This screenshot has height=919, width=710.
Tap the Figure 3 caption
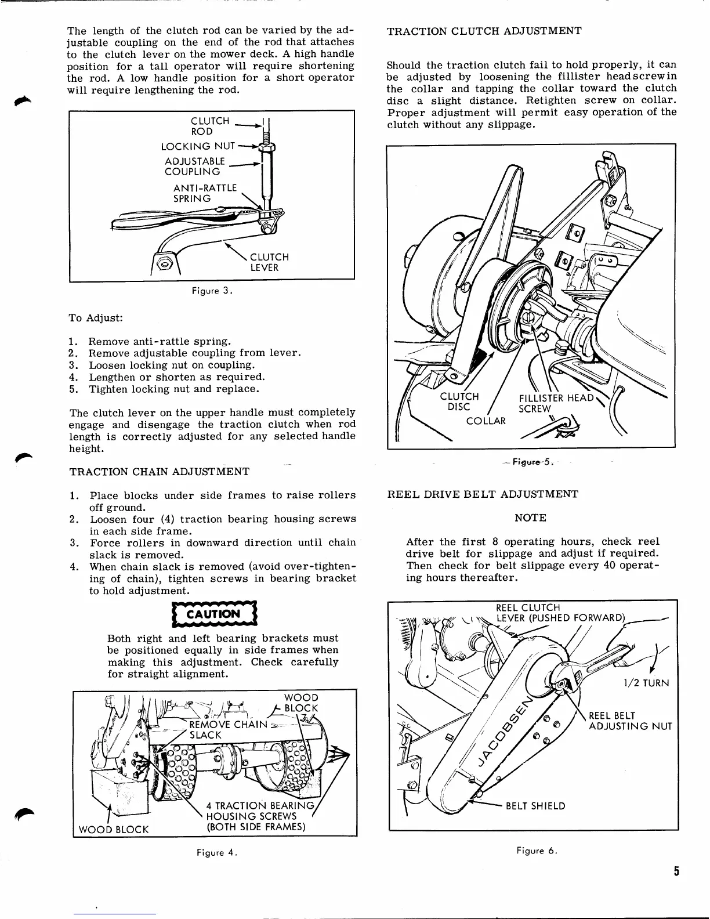click(213, 292)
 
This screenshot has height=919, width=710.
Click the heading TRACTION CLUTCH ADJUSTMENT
click(484, 31)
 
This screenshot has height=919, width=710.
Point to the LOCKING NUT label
click(198, 146)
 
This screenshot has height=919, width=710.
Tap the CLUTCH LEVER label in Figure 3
click(269, 262)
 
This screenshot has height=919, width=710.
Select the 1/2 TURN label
click(646, 683)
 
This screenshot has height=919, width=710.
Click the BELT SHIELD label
click(535, 806)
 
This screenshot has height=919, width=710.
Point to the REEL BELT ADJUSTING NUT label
click(630, 721)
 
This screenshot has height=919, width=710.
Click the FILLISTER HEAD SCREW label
click(556, 403)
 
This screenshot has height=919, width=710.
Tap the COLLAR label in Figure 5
click(486, 420)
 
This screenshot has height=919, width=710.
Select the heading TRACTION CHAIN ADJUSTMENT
click(160, 472)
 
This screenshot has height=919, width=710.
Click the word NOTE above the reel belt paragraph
click(530, 518)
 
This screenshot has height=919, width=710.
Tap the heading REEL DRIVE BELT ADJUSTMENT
click(483, 494)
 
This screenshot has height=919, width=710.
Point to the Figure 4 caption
click(217, 853)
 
